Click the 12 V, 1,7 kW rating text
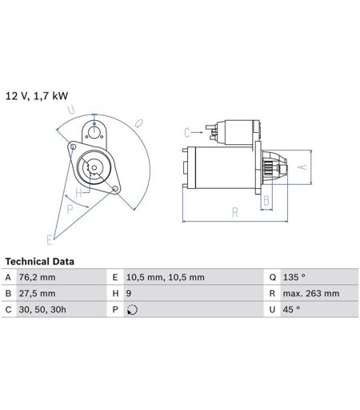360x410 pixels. pos(37,96)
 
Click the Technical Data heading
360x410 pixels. pos(39,261)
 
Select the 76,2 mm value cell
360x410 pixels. pos(37,277)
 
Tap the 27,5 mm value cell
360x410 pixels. pos(37,293)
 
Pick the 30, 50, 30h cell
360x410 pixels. pos(42,310)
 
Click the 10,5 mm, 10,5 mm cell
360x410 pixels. pos(166,277)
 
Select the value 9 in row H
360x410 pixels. pos(129,293)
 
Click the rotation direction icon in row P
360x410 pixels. pos(132,310)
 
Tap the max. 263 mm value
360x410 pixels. pos(311,293)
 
